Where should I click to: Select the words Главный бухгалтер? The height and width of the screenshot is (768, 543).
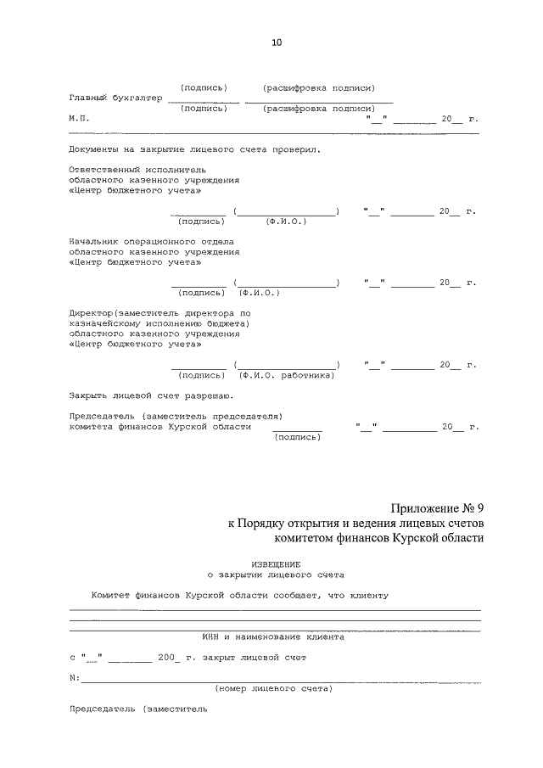115,98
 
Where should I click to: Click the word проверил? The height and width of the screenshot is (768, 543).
298,149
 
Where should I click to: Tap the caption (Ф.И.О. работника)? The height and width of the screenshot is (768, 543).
287,375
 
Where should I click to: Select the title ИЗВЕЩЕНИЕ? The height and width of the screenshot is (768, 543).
276,563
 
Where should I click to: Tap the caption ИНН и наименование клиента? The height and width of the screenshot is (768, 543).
273,636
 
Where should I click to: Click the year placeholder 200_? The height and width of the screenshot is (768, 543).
169,657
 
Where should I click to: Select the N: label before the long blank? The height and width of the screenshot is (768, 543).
74,678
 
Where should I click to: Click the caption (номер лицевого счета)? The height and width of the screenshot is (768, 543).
273,688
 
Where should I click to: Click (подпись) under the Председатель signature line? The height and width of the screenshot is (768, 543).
297,437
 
